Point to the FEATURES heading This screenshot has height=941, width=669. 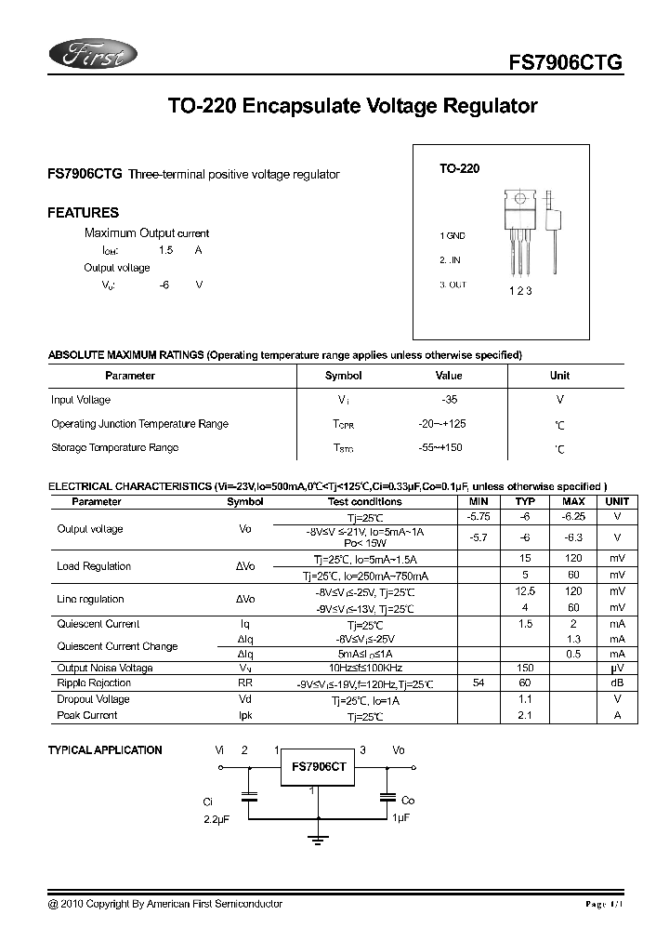pyautogui.click(x=83, y=212)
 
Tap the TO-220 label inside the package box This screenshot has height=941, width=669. pyautogui.click(x=460, y=170)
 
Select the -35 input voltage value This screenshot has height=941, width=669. pyautogui.click(x=450, y=400)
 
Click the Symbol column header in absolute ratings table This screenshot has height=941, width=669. pyautogui.click(x=343, y=376)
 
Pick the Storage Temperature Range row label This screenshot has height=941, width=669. pyautogui.click(x=114, y=447)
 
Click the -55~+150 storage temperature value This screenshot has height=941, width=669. pyautogui.click(x=440, y=447)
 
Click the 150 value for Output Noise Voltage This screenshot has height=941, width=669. pyautogui.click(x=525, y=668)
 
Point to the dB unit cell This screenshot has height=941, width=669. pyautogui.click(x=617, y=683)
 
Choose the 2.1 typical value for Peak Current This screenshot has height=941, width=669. pyautogui.click(x=525, y=715)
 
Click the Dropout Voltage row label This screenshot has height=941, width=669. pyautogui.click(x=94, y=699)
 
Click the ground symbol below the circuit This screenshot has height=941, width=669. pyautogui.click(x=319, y=841)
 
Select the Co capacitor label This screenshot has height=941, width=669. pyautogui.click(x=408, y=800)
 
